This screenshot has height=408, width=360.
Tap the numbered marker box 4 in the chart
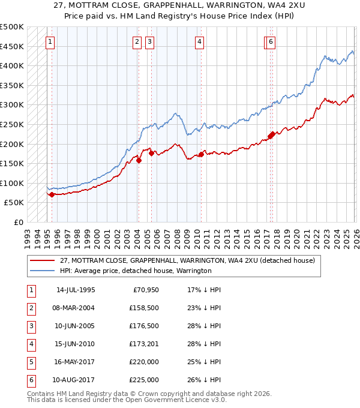tap(199, 41)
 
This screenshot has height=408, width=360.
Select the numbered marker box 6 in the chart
tap(271, 41)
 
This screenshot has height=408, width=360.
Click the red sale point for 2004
tap(139, 160)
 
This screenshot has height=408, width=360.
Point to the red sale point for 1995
tap(52, 194)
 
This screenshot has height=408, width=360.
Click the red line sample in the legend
tap(43, 260)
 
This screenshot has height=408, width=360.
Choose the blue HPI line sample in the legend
tap(43, 271)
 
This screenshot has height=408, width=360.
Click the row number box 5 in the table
tap(31, 362)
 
